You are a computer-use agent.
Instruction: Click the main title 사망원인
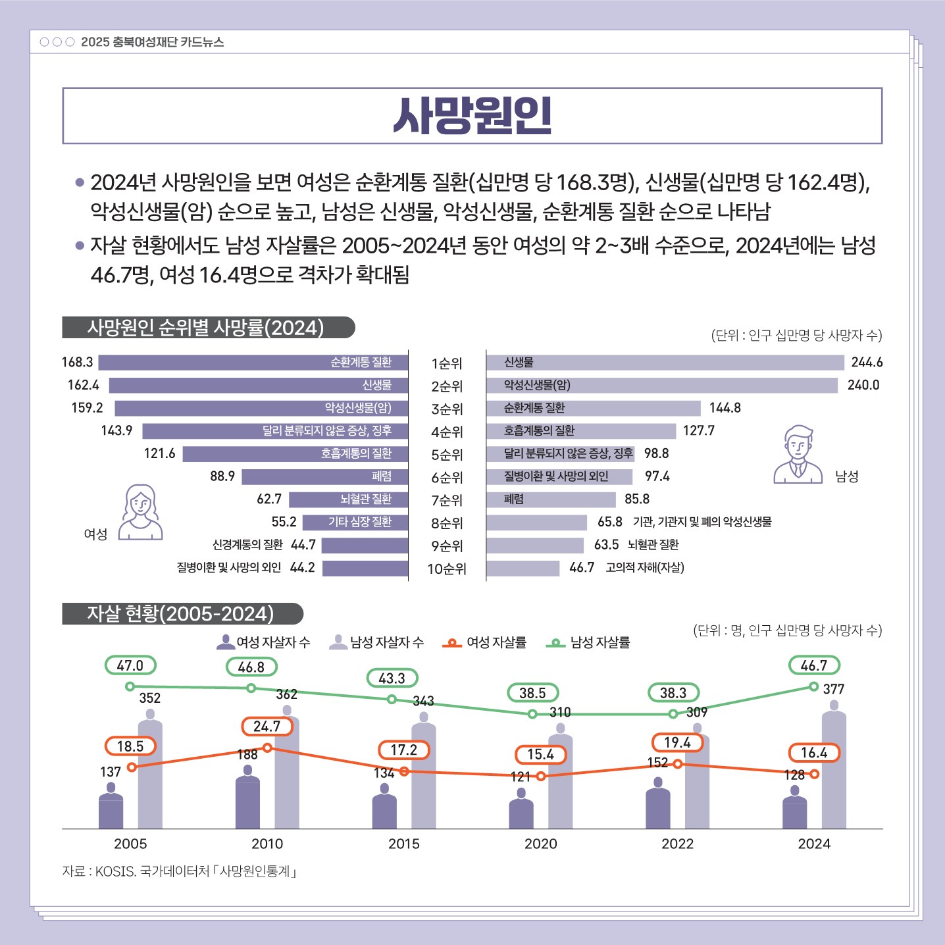[472, 116]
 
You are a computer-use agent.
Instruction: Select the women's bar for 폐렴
[324, 476]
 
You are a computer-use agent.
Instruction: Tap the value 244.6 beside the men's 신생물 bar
[867, 363]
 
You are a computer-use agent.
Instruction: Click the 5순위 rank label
[447, 455]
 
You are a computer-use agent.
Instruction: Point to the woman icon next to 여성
[141, 512]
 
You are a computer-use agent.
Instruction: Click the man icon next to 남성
[798, 455]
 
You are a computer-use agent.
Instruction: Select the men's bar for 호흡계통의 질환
[581, 431]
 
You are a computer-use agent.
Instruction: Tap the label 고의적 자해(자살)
[644, 568]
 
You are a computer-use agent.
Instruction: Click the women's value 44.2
[302, 568]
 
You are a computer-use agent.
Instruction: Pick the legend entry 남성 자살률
[588, 642]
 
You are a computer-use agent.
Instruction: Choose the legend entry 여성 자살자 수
[263, 642]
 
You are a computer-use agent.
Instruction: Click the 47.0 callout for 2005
[130, 665]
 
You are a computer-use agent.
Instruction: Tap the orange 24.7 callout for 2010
[267, 727]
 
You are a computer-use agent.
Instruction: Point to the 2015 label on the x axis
[404, 844]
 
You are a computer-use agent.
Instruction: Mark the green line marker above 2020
[532, 714]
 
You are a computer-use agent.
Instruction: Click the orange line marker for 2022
[677, 764]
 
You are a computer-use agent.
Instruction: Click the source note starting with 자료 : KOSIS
[180, 871]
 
